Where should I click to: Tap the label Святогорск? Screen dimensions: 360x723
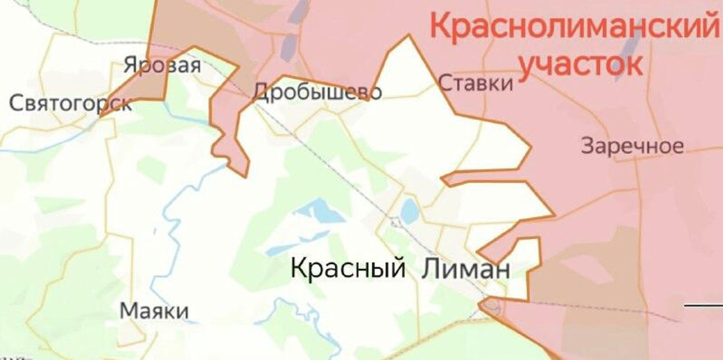(x=70, y=103)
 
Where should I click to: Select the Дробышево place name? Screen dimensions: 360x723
(x=317, y=92)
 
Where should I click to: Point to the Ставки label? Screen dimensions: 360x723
(x=476, y=83)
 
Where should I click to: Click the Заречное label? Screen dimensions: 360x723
(x=632, y=146)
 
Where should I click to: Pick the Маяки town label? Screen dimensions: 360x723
(x=154, y=311)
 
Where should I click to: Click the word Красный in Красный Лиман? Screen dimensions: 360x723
(x=348, y=268)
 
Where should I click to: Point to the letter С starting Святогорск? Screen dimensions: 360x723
(x=15, y=103)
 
